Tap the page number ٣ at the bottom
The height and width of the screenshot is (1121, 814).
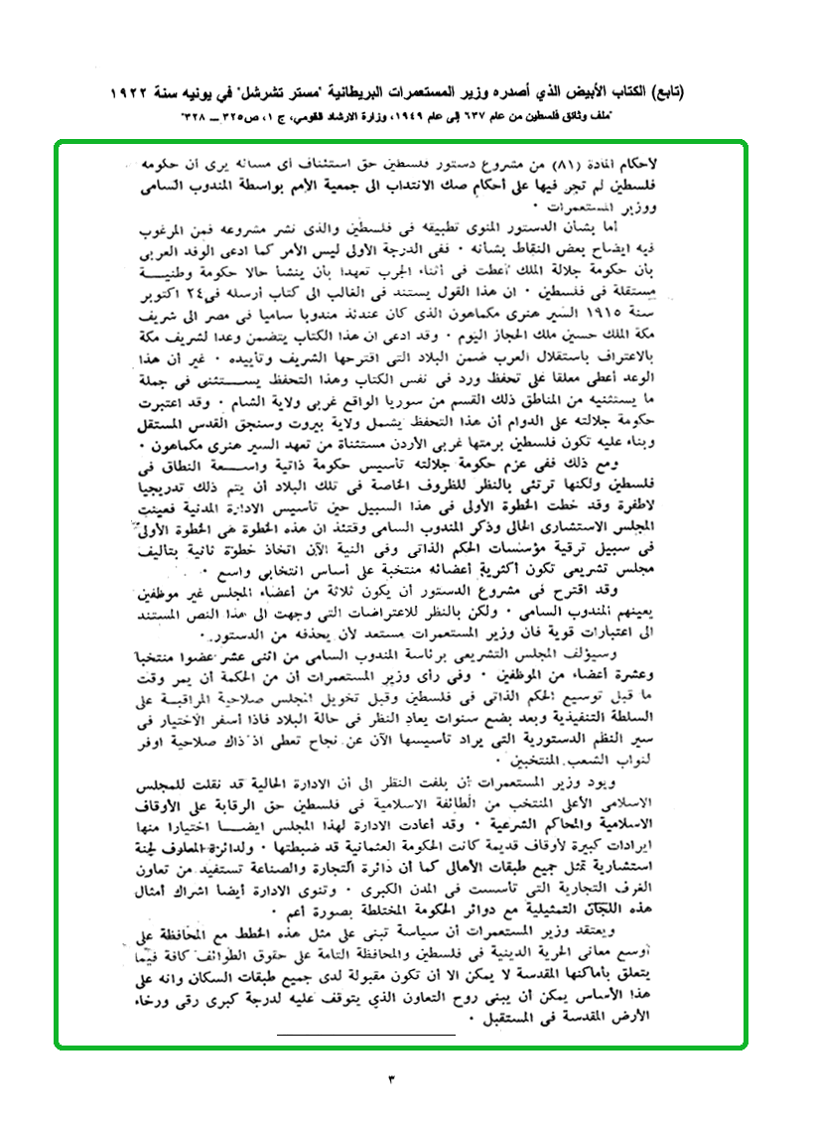391,1076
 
